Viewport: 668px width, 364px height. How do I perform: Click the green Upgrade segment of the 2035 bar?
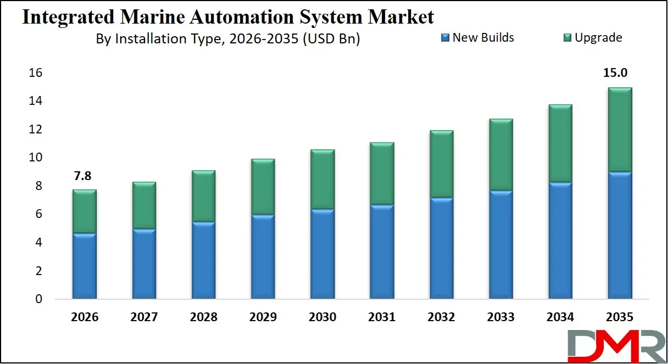pos(620,130)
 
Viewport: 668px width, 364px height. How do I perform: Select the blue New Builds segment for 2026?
pos(84,266)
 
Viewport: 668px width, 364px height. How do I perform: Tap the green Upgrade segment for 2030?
pos(322,179)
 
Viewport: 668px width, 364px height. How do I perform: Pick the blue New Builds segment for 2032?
pos(441,248)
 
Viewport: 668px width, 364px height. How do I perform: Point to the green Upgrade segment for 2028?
pos(203,196)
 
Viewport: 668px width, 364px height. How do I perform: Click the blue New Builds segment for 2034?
pos(560,240)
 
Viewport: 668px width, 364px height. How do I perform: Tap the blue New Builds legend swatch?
pos(446,38)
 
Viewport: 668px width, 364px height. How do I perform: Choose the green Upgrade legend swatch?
pos(567,38)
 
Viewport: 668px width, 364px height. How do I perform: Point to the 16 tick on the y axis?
pos(36,73)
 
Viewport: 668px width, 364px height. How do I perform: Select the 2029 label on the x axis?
pos(263,317)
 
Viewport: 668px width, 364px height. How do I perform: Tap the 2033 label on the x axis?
pos(500,317)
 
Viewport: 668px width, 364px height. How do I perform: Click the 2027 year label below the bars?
pos(144,317)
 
